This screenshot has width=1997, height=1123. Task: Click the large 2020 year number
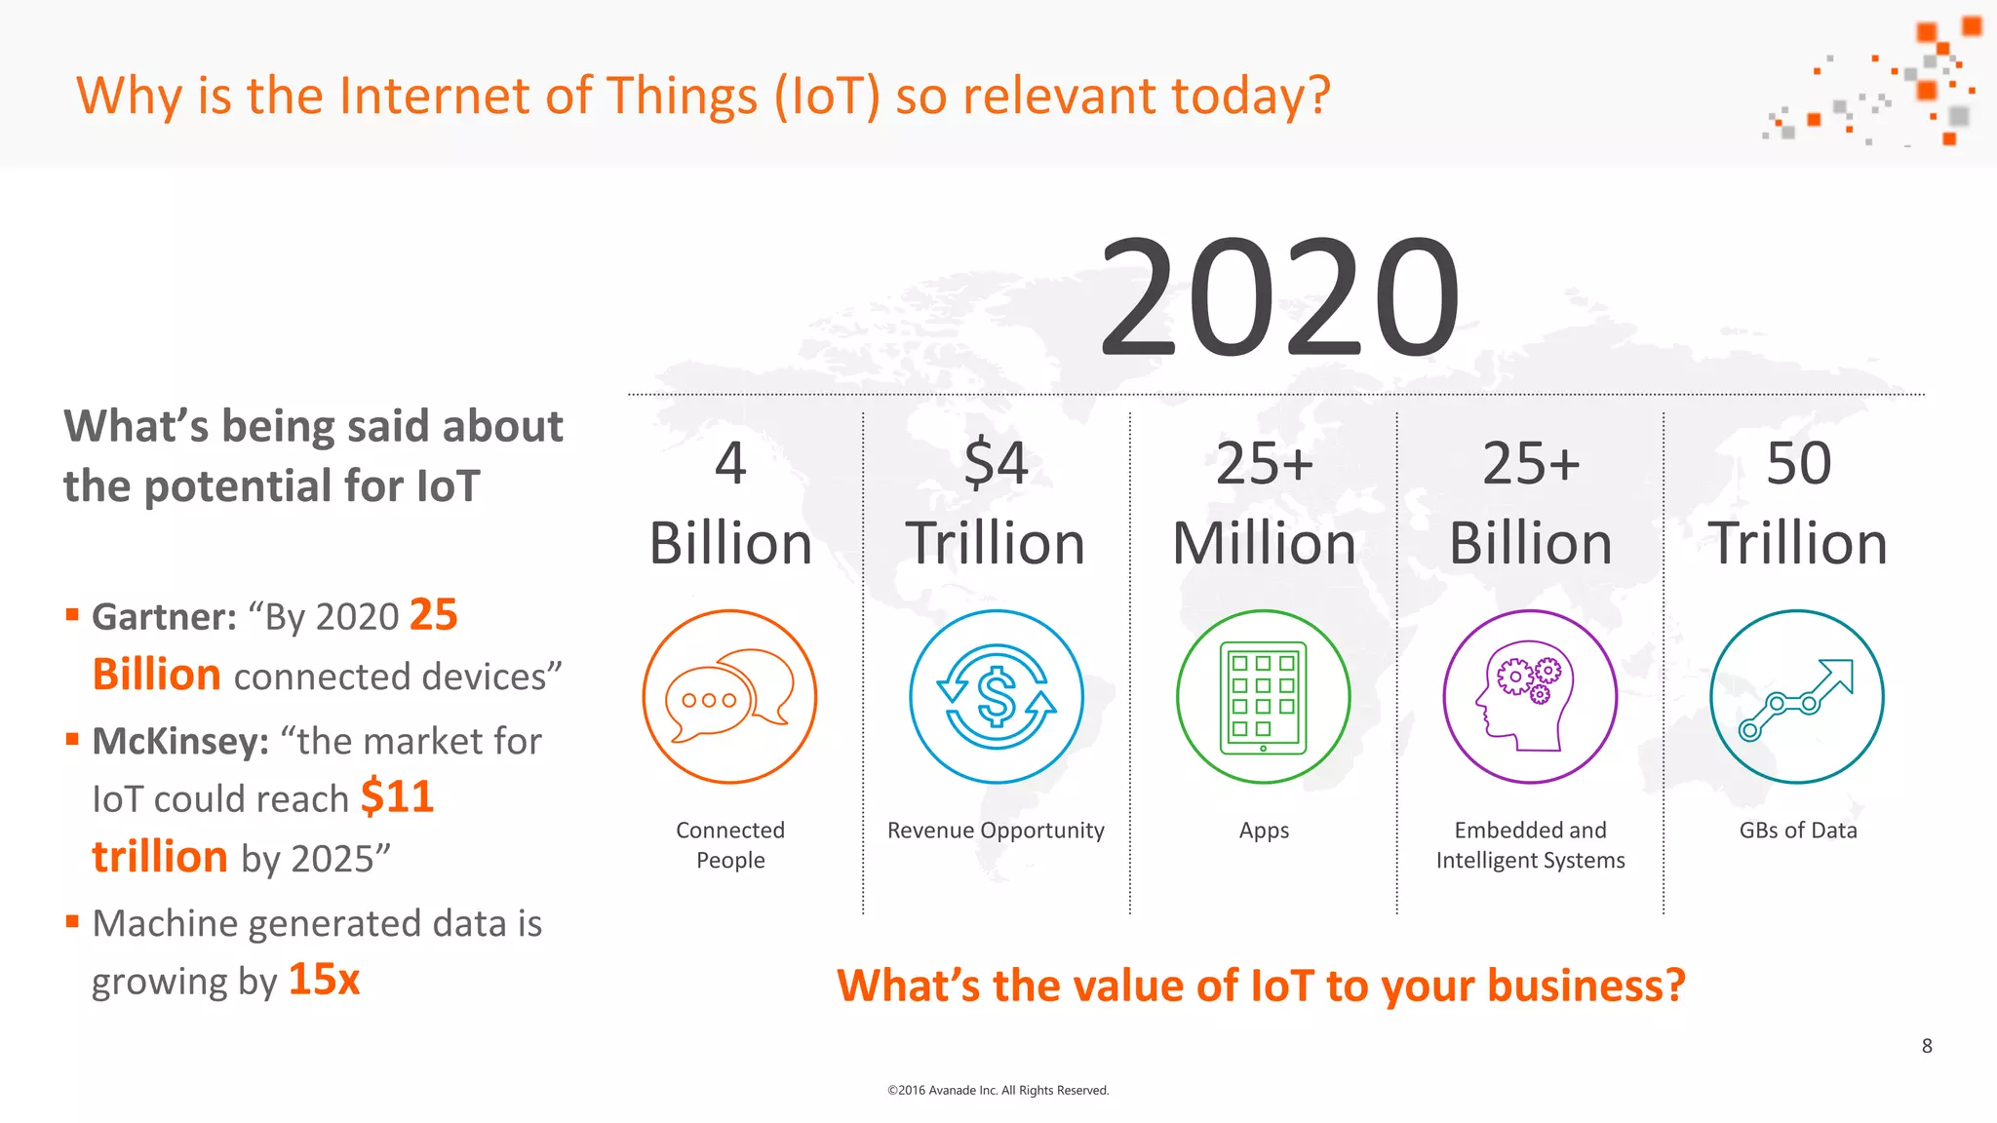tap(1279, 297)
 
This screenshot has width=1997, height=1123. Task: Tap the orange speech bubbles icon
tap(729, 697)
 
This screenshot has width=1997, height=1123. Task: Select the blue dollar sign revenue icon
tap(996, 697)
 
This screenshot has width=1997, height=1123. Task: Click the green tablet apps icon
tap(1263, 697)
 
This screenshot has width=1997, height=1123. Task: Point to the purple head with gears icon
tap(1530, 697)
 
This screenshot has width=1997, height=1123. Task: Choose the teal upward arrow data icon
tap(1797, 697)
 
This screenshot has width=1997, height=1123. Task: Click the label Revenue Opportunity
tap(996, 831)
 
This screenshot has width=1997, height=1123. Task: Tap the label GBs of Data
tap(1798, 831)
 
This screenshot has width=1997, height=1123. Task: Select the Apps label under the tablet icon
tap(1264, 831)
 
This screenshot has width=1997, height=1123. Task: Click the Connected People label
tap(730, 844)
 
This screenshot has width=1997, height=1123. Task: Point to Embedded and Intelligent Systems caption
tap(1530, 844)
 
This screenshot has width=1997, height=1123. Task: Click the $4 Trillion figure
tap(996, 503)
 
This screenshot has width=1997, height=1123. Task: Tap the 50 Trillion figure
tap(1798, 503)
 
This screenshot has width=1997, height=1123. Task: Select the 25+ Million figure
tap(1264, 503)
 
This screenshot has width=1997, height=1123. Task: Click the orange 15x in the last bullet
tap(324, 980)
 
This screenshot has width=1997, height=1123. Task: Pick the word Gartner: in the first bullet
tap(164, 617)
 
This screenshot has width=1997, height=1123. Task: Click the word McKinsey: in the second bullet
tap(180, 742)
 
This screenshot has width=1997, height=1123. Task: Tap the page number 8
tap(1927, 1046)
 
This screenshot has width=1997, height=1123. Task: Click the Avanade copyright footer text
tap(998, 1090)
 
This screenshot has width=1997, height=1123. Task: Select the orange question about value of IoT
tap(1261, 986)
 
